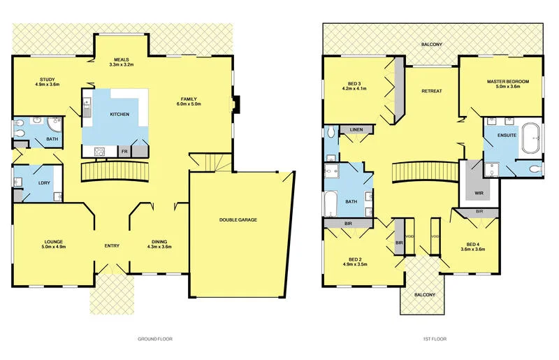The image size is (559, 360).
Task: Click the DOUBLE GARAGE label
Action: [x=238, y=219]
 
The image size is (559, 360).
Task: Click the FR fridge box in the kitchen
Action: [x=124, y=151]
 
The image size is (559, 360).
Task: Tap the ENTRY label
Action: [x=112, y=245]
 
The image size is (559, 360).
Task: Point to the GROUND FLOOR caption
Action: [x=155, y=339]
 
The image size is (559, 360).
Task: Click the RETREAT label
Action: [x=431, y=92]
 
